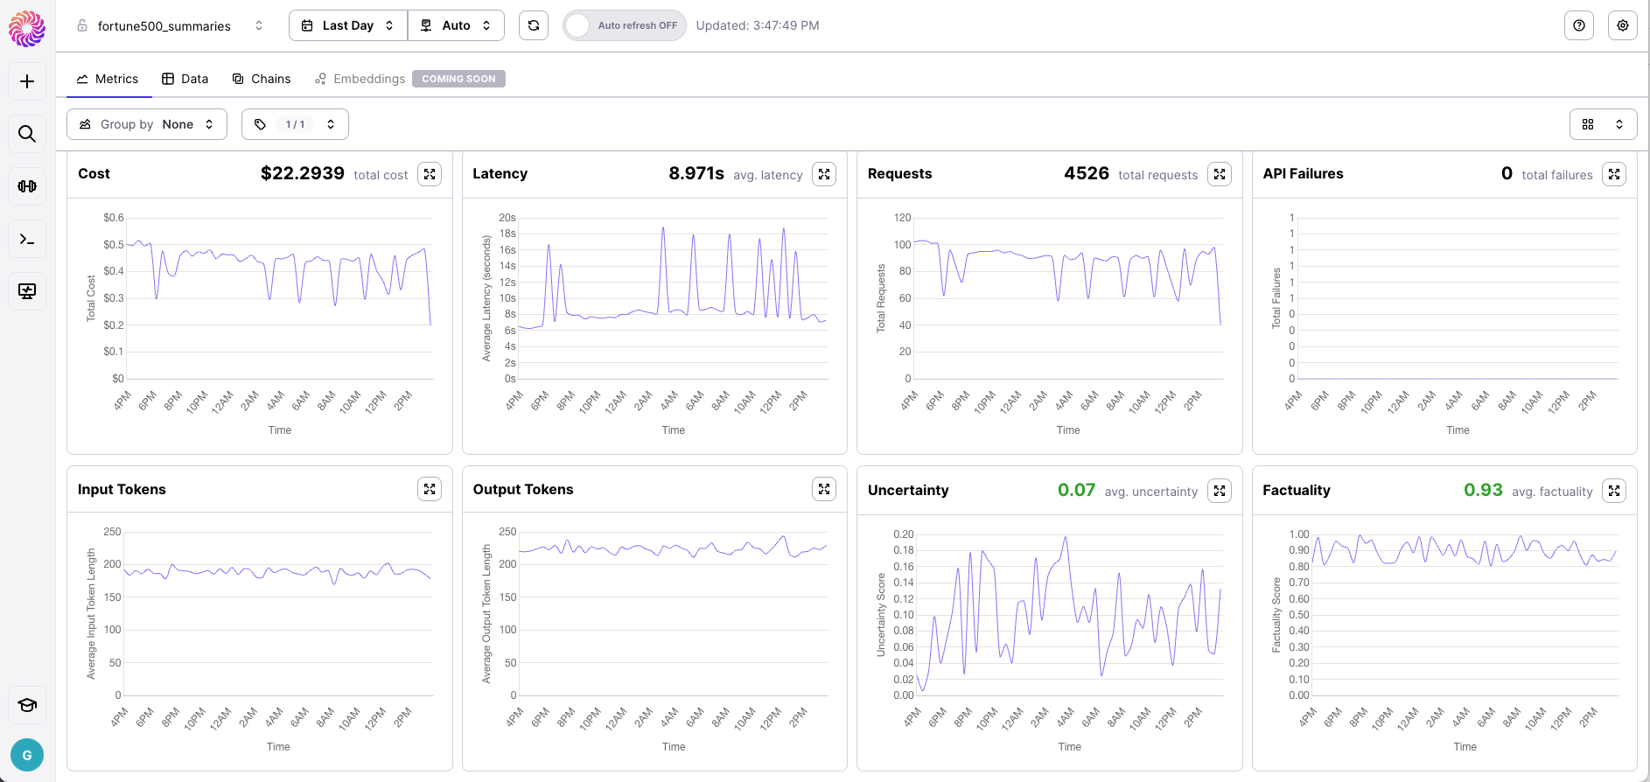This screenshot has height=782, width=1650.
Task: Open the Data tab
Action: tap(185, 79)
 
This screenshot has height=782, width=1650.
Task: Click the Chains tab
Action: tap(262, 79)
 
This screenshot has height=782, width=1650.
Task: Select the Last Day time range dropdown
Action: tap(348, 25)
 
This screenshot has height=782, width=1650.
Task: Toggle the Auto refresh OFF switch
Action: tap(624, 25)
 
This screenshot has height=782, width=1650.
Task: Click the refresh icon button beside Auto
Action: tap(534, 25)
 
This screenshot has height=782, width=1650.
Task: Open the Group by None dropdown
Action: tap(147, 124)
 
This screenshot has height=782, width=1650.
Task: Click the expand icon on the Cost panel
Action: tap(430, 174)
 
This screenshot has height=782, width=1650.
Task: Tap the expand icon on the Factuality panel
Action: tap(1614, 491)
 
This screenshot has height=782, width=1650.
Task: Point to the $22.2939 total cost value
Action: tap(303, 173)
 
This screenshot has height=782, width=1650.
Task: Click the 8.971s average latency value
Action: tap(696, 173)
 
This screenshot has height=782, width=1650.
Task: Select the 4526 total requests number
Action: tap(1087, 173)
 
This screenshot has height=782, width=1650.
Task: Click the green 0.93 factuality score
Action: tap(1483, 490)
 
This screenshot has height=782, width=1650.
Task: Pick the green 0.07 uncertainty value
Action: tap(1076, 490)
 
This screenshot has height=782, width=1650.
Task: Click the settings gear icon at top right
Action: tap(1623, 25)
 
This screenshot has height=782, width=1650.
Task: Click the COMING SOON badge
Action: tap(458, 79)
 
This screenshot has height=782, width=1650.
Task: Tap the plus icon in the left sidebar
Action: tap(27, 81)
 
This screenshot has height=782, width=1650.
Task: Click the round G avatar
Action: tap(27, 755)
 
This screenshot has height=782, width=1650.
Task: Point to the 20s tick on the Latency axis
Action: tap(507, 218)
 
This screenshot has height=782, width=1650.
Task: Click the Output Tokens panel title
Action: tap(523, 489)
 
